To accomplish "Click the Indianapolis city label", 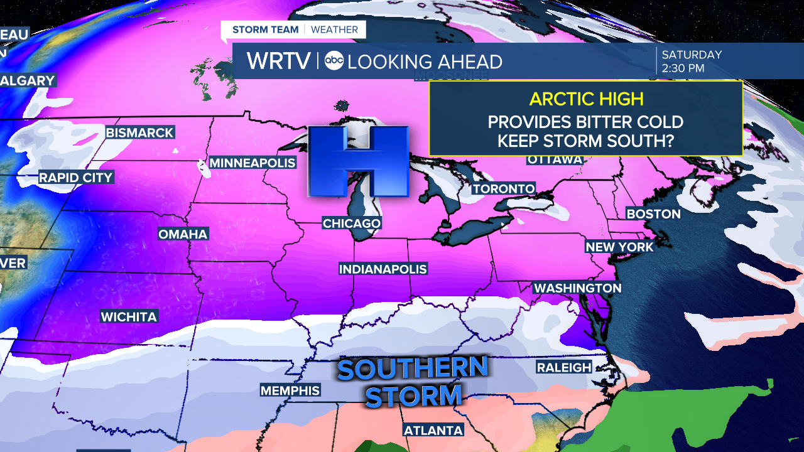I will coord(383,269).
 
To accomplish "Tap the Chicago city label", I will coord(351,223).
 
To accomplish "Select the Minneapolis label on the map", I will coord(252,163).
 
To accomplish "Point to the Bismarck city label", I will coord(139,133).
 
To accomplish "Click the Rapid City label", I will coord(75,178).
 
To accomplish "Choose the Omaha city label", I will coord(183,234).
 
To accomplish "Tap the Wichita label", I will coord(129,317).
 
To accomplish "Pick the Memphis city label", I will coord(290,391).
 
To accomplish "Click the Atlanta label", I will coord(433,431).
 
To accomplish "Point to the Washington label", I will coord(577,288).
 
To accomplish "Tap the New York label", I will coord(619,247).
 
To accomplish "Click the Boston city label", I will coord(654,214).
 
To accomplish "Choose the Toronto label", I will coord(504,189).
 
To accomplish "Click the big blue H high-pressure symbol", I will coord(357,161).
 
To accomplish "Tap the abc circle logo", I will coord(334,61).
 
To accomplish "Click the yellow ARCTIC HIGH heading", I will coord(586,99).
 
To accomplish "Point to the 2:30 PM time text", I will coord(683,68).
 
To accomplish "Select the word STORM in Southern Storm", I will coord(414,397).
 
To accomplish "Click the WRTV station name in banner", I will coord(278,61).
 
